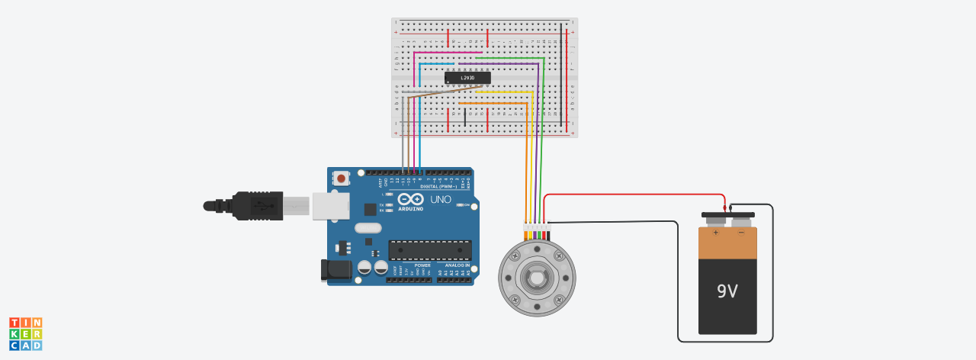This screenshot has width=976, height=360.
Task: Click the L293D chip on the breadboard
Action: coord(467,77)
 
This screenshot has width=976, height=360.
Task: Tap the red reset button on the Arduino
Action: coord(341,178)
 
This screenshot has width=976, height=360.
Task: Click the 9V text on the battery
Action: coord(727,291)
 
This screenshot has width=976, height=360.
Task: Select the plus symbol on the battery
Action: coord(716,232)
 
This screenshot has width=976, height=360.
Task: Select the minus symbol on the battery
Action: coord(740,232)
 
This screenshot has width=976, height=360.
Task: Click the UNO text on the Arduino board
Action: coord(441,199)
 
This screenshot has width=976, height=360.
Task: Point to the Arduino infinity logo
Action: coord(410,199)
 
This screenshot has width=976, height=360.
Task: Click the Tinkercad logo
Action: coord(25,334)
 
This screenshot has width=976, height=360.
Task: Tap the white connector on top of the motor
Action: coord(536,227)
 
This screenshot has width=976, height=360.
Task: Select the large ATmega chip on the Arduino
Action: coord(430,250)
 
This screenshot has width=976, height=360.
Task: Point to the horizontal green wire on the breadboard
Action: coord(509,58)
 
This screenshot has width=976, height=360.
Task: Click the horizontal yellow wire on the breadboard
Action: coord(503,92)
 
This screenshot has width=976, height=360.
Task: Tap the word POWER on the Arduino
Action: coord(422,265)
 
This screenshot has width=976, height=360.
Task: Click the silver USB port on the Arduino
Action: coord(330,206)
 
